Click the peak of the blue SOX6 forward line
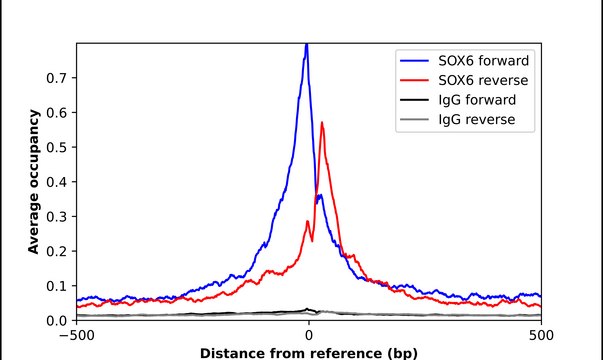306,45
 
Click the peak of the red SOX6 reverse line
322,123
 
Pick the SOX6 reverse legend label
485,79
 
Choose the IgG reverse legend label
477,121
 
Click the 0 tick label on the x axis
308,337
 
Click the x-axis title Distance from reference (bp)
308,353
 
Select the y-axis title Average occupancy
33,182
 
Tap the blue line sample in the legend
418,58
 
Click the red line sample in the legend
418,79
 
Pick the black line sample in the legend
418,100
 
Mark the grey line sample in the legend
418,121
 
